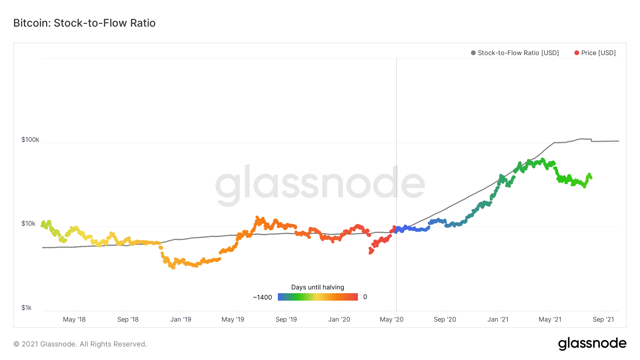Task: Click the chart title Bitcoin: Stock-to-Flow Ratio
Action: pos(84,23)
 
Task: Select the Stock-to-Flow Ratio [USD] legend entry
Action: pos(515,53)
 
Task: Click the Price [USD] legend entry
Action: pos(595,53)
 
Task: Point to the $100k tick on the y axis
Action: pos(30,140)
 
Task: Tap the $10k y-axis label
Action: pos(28,224)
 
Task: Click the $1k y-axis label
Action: pos(27,308)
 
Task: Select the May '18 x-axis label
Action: pos(74,319)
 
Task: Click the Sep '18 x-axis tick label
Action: pos(128,319)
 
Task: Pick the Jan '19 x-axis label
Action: pos(181,319)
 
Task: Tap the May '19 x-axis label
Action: pos(233,319)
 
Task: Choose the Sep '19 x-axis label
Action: pos(286,319)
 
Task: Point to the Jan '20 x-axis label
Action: pos(339,319)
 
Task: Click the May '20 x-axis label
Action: pos(391,319)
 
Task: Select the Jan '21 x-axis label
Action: pos(498,319)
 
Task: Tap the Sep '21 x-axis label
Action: pos(603,319)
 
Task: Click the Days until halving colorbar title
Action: pos(318,287)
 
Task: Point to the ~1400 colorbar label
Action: pos(262,297)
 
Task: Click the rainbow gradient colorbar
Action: pos(318,297)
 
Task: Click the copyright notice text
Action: pos(80,344)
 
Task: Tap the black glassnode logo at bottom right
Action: pos(592,344)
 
